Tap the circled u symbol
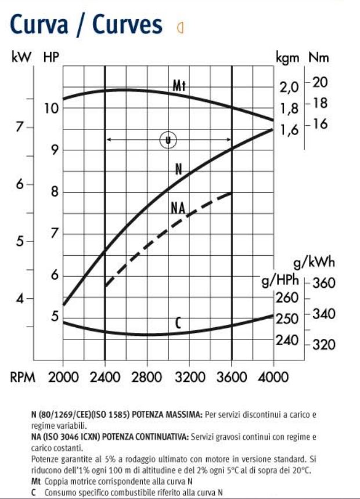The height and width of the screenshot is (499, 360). pos(167,139)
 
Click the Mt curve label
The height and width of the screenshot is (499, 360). pos(179,86)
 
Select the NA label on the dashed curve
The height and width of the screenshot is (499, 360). pos(178,207)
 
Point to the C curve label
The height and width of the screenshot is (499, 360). pos(179,323)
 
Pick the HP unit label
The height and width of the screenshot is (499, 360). pos(52,57)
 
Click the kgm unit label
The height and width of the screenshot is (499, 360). pos(289,57)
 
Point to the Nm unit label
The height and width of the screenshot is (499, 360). pos(319,57)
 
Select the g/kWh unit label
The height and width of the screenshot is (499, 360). pos(314,262)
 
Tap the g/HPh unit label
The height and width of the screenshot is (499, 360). pos(280,281)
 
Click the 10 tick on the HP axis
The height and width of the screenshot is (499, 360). pos(52,109)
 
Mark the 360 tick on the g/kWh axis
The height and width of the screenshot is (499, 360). pos(324,284)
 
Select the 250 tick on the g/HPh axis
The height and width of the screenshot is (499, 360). pos(286,319)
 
